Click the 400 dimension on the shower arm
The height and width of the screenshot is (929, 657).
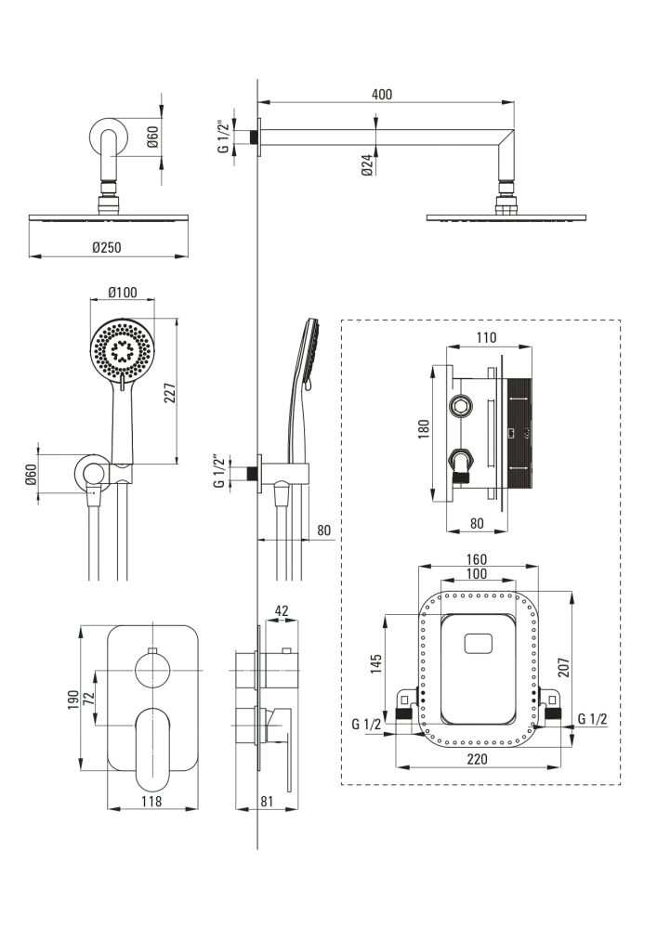click(x=381, y=94)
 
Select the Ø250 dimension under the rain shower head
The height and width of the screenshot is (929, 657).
click(x=109, y=247)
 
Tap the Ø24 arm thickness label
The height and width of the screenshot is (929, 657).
click(x=368, y=166)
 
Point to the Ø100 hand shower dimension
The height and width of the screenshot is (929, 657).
click(x=122, y=293)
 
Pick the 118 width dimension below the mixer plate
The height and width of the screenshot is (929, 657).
click(x=151, y=801)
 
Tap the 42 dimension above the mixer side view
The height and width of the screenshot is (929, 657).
click(x=282, y=610)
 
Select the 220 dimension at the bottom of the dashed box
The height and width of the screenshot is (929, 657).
click(x=479, y=759)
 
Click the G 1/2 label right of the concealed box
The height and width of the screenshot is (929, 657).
click(x=592, y=718)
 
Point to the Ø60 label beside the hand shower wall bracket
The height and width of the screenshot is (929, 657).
click(x=30, y=476)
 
